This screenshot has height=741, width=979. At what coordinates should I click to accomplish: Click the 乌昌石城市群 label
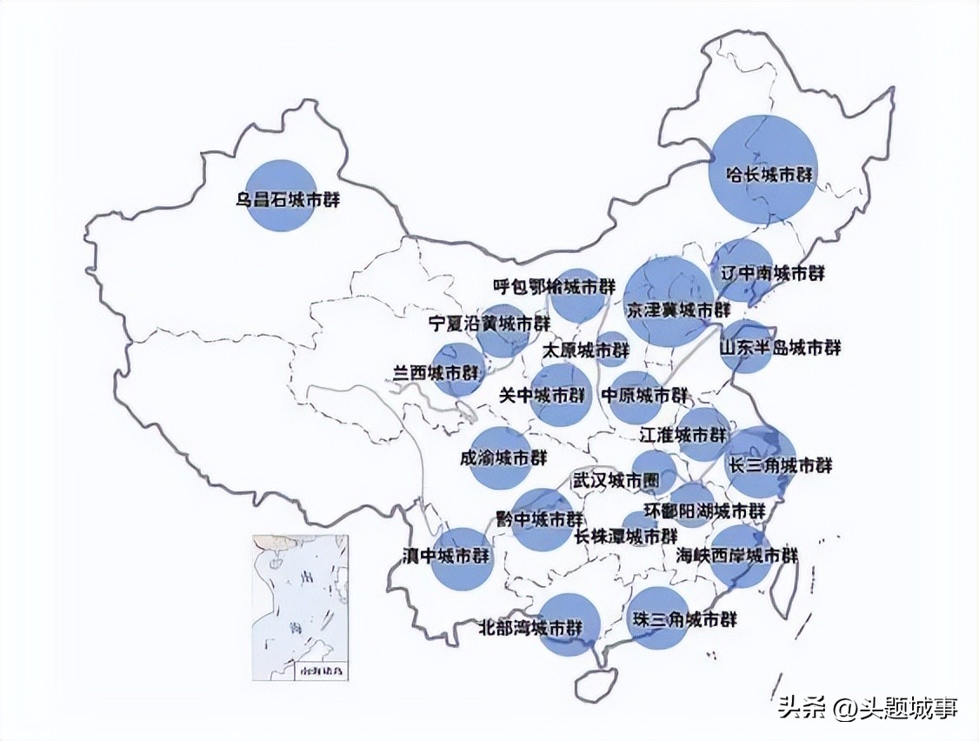(x=287, y=199)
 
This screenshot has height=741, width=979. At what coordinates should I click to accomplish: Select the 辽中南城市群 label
(x=773, y=273)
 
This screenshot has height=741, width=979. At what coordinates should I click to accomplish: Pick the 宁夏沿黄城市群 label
(x=490, y=324)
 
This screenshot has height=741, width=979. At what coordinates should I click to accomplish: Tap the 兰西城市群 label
(x=436, y=373)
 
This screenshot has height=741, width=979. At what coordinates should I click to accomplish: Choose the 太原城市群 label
(x=585, y=350)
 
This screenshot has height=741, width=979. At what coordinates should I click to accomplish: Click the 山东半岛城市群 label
(x=780, y=348)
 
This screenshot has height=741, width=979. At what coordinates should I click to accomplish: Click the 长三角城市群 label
(x=781, y=465)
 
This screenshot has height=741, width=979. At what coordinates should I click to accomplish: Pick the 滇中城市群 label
(x=445, y=555)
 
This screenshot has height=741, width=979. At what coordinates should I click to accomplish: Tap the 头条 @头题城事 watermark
(x=866, y=708)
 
